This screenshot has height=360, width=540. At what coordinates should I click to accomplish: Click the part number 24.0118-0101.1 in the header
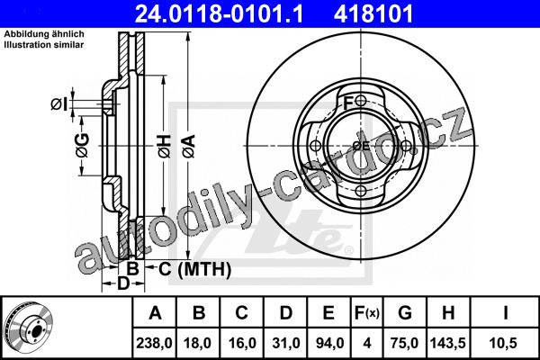pyautogui.click(x=219, y=13)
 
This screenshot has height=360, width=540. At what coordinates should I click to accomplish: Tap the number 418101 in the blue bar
pyautogui.click(x=373, y=13)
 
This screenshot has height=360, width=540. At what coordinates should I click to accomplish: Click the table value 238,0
pyautogui.click(x=154, y=343)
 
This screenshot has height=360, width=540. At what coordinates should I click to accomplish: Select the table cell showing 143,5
pyautogui.click(x=447, y=343)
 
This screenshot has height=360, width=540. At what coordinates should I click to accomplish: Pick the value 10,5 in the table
pyautogui.click(x=505, y=343)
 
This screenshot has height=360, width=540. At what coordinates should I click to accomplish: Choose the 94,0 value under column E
pyautogui.click(x=328, y=343)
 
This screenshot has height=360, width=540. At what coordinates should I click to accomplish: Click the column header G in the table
pyautogui.click(x=405, y=313)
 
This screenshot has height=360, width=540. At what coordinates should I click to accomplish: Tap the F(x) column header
pyautogui.click(x=367, y=313)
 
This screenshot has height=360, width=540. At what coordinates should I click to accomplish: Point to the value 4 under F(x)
pyautogui.click(x=367, y=343)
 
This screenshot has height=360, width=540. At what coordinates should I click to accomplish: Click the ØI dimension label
pyautogui.click(x=58, y=103)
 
